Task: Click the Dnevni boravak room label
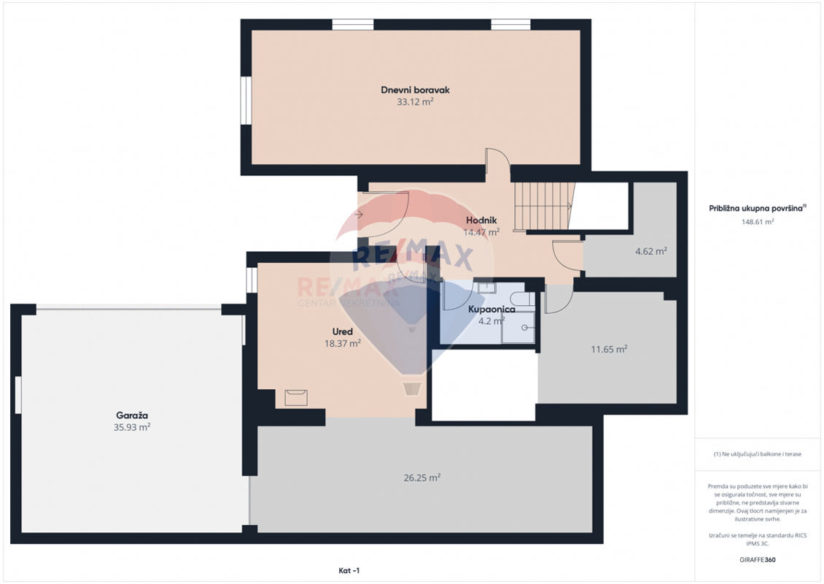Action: (x=415, y=90)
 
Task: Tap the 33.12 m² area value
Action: (x=415, y=101)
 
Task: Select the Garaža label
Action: (x=132, y=415)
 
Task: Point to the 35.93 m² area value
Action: (x=132, y=427)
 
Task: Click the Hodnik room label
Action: (x=481, y=220)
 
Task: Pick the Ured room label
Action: (x=343, y=331)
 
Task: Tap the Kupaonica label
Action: (x=491, y=309)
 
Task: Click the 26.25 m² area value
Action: (x=422, y=477)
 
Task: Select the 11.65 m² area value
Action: (x=609, y=349)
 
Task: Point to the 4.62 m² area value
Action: (x=651, y=251)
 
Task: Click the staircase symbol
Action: (x=543, y=207)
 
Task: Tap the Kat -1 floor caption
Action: (x=349, y=570)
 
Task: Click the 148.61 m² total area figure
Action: (x=758, y=222)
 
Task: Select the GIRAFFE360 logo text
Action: (x=757, y=560)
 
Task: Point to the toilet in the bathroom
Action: (x=522, y=299)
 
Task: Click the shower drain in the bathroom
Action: (x=524, y=328)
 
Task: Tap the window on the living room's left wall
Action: (x=246, y=101)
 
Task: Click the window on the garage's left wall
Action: (x=18, y=395)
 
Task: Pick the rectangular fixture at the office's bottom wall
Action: (x=296, y=397)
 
